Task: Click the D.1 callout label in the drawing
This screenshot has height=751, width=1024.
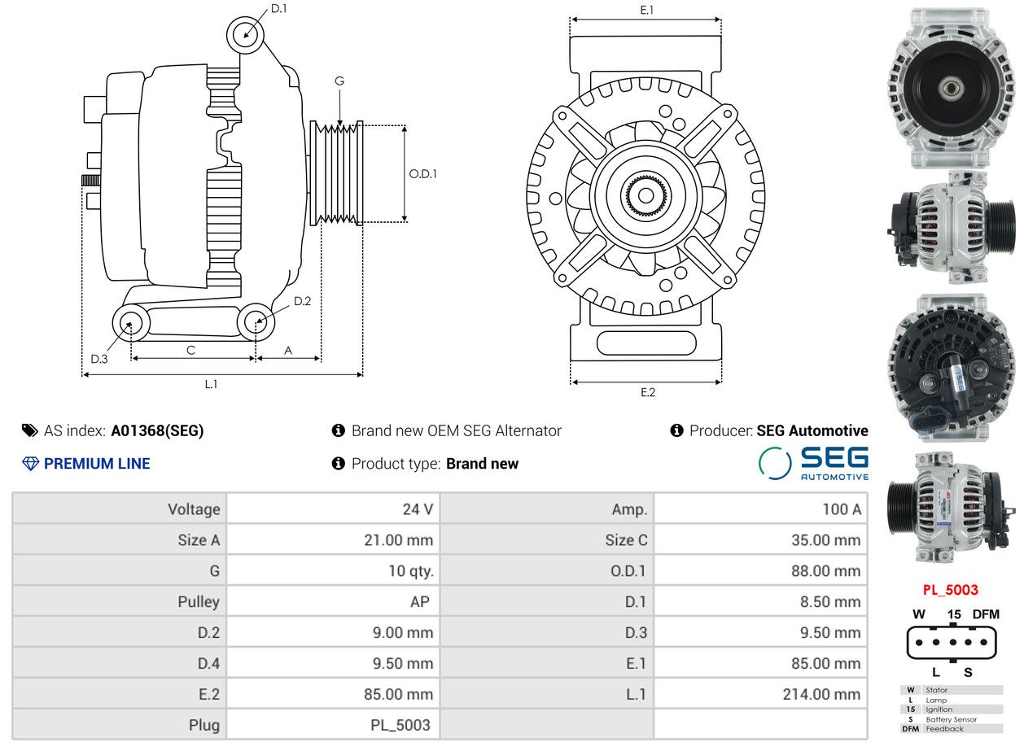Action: point(278,9)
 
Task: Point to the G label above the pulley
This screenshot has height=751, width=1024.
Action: point(339,81)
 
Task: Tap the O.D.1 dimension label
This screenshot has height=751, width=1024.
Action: point(422,173)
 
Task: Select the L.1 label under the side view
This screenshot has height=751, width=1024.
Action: point(211,384)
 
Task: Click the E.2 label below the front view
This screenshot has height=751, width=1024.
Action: point(648,392)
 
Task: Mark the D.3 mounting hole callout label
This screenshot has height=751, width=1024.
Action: point(99,359)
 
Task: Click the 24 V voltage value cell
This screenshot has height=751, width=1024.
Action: point(418,509)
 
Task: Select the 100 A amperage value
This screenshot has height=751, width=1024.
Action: point(842,509)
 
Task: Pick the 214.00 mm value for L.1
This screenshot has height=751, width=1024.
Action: point(821,694)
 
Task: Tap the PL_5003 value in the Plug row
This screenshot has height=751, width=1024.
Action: point(400,725)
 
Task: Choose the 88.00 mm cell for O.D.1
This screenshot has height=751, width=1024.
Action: point(826,571)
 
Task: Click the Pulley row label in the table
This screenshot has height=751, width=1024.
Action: point(199,602)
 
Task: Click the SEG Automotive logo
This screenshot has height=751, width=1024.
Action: point(813,463)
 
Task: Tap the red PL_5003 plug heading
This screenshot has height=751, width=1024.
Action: point(951,590)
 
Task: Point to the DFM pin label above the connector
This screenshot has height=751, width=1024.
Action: point(986,613)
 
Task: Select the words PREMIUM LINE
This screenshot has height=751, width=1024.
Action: point(97,464)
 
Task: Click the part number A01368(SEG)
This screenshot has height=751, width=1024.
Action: point(157,430)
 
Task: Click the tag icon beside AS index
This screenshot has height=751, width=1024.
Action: point(30,430)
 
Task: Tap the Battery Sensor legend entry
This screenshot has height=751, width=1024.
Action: point(951,719)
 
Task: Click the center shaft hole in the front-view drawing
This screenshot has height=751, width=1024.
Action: point(645,196)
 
